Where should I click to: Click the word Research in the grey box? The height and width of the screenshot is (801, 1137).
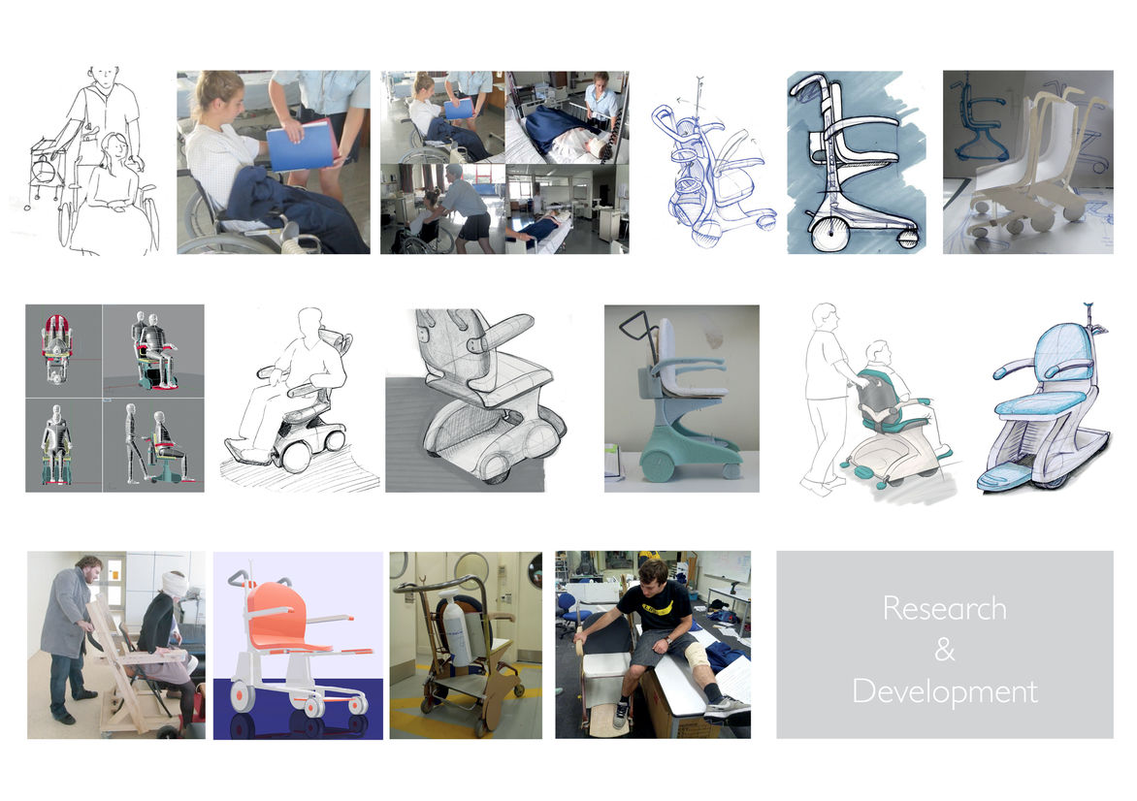click(x=944, y=608)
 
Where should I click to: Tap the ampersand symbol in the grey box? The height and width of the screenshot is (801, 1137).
click(x=944, y=650)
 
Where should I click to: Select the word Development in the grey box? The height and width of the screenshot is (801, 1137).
click(x=944, y=691)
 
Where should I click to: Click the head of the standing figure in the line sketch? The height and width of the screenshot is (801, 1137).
click(x=105, y=76)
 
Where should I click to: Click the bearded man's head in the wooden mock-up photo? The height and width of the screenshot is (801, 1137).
click(x=87, y=567)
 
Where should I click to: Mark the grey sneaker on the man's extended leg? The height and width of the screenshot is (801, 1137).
click(x=726, y=709)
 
